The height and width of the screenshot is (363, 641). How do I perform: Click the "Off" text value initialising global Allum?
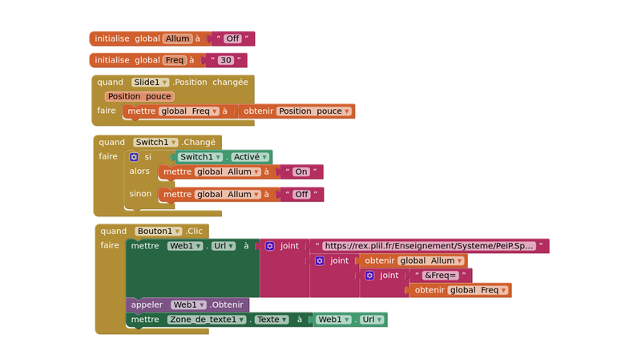click(232, 38)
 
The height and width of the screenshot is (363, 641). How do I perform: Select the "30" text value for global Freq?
click(226, 60)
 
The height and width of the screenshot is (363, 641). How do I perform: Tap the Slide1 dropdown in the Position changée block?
click(151, 83)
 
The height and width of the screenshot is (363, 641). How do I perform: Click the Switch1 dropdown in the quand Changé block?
click(155, 143)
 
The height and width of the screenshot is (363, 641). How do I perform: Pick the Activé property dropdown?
click(251, 157)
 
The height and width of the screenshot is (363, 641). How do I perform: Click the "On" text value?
click(301, 171)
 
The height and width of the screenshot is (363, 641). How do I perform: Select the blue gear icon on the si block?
click(134, 157)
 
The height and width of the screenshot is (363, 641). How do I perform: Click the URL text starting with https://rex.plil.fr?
click(429, 246)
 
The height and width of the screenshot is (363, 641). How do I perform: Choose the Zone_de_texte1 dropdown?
click(207, 320)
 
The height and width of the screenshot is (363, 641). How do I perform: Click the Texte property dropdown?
click(272, 320)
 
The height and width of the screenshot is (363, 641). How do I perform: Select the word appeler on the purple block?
click(147, 305)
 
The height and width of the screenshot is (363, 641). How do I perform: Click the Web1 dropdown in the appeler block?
click(189, 305)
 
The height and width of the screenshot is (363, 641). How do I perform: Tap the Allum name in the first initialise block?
click(178, 38)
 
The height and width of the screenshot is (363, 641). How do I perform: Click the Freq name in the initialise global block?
click(174, 60)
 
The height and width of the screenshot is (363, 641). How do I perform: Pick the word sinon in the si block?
click(140, 194)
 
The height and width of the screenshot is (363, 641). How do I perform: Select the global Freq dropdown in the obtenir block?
click(478, 290)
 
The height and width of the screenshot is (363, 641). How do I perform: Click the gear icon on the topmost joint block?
click(270, 246)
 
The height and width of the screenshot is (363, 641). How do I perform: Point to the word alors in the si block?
click(139, 171)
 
